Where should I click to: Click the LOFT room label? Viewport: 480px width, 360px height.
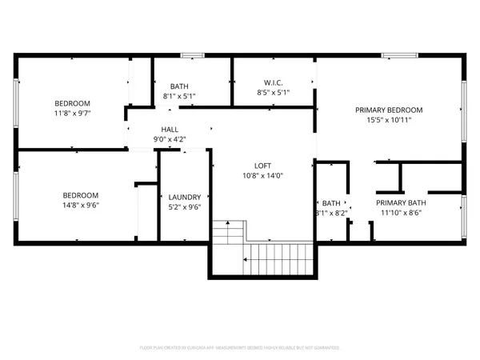pyautogui.click(x=263, y=166)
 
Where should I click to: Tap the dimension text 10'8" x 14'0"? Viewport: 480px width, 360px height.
pyautogui.click(x=263, y=175)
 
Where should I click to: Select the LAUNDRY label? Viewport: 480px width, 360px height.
pyautogui.click(x=185, y=197)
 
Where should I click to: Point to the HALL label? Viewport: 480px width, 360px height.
pyautogui.click(x=170, y=129)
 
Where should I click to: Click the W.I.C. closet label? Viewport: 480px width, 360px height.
pyautogui.click(x=274, y=84)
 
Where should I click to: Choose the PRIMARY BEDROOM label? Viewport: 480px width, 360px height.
pyautogui.click(x=389, y=110)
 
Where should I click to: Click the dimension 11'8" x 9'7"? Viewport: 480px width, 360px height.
pyautogui.click(x=72, y=114)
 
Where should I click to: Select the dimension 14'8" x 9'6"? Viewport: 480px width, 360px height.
pyautogui.click(x=81, y=205)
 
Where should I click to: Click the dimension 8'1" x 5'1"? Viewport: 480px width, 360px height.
pyautogui.click(x=179, y=96)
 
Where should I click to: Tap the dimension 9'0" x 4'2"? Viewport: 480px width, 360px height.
pyautogui.click(x=170, y=138)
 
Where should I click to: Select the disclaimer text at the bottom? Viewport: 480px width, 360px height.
pyautogui.click(x=240, y=348)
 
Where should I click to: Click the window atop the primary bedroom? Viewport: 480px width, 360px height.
pyautogui.click(x=394, y=55)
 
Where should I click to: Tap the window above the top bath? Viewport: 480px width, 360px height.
pyautogui.click(x=192, y=55)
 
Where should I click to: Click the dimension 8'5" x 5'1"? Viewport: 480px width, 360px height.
pyautogui.click(x=274, y=94)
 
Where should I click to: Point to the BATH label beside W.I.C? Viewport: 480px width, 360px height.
pyautogui.click(x=179, y=86)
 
